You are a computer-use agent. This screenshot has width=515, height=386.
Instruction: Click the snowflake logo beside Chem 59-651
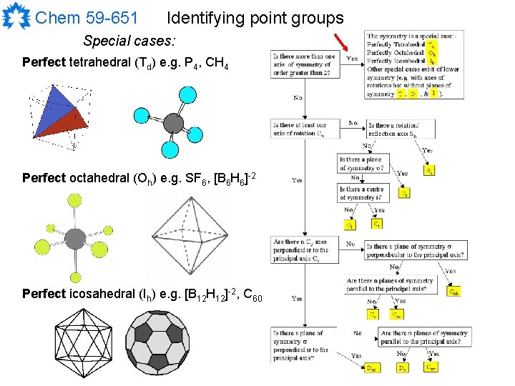click(16, 17)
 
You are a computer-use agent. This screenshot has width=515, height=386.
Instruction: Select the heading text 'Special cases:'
click(129, 41)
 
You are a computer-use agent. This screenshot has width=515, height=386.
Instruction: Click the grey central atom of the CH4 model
click(174, 124)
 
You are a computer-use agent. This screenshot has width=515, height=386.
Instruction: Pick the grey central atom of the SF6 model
click(75, 235)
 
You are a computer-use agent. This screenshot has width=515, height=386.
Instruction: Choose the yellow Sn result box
click(429, 171)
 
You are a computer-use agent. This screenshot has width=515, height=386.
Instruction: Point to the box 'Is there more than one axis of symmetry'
click(304, 64)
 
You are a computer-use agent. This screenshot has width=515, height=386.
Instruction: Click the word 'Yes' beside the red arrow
click(352, 59)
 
